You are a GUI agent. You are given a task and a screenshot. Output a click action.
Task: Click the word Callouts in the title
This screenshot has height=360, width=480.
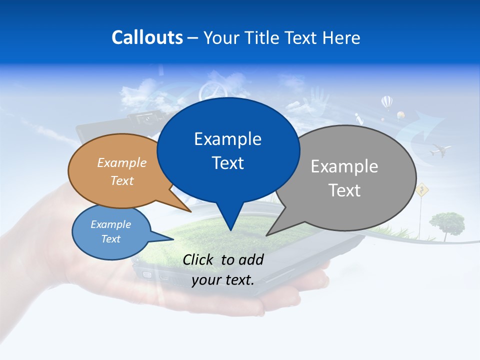[147, 37]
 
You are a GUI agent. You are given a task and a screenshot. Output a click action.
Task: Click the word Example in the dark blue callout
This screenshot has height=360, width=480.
[227, 139]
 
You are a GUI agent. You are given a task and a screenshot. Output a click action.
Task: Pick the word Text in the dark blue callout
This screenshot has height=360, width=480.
[227, 163]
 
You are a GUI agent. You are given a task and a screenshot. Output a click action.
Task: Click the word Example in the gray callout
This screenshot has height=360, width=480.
[344, 166]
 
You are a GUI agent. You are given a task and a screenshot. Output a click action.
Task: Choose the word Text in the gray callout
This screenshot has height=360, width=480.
[344, 190]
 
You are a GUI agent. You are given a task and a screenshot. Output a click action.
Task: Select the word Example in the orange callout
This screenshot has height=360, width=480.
[122, 162]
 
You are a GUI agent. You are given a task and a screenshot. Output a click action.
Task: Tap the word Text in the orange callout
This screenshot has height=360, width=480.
[122, 180]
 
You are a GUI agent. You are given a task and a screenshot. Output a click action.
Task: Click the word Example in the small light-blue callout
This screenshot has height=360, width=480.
[111, 224]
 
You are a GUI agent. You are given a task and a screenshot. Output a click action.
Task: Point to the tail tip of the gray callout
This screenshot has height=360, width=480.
[266, 235]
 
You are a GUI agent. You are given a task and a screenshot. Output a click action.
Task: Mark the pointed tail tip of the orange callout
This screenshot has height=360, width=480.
[191, 212]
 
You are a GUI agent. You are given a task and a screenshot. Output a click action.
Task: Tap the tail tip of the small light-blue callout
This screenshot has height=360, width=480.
[173, 239]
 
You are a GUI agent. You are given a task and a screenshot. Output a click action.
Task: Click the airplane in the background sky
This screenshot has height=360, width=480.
[440, 149]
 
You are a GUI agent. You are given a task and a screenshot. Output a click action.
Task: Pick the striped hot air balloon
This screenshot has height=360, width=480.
[387, 102]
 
